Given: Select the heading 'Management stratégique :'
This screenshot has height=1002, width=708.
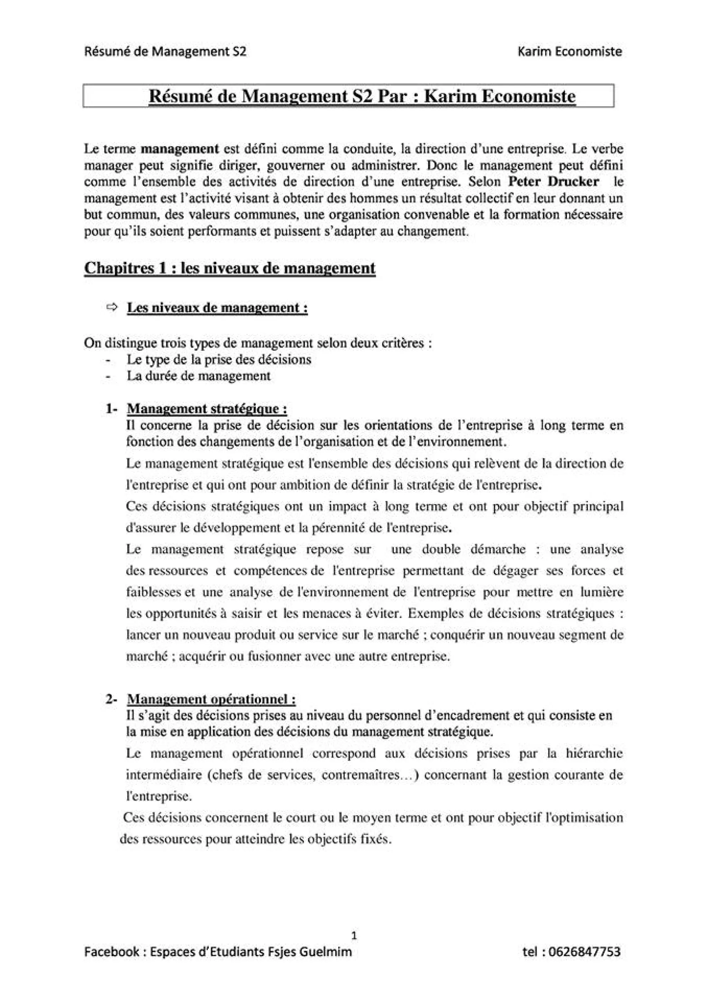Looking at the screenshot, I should (x=207, y=409).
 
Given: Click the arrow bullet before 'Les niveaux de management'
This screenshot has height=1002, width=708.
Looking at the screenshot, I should (x=111, y=307).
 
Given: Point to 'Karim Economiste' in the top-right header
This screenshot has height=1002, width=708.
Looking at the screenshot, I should (x=569, y=52).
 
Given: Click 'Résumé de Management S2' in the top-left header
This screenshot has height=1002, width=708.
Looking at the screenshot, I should (x=165, y=52).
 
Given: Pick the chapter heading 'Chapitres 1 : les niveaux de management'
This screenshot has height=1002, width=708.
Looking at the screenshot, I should (x=230, y=267).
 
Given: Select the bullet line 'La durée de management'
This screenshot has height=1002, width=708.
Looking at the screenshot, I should (x=198, y=376).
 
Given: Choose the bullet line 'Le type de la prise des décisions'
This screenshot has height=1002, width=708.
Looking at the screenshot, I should (x=219, y=360).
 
